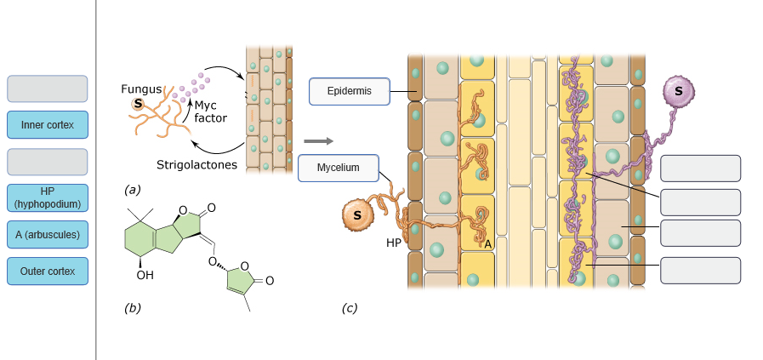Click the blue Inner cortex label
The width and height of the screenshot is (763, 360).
coord(47,125)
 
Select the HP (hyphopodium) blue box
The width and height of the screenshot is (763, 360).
coord(47,197)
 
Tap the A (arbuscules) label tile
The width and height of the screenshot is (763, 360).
coord(47,235)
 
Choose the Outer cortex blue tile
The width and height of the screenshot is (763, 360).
coord(47,271)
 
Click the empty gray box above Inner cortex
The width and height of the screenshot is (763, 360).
coord(47,89)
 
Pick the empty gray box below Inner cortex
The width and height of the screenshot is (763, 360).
coord(47,162)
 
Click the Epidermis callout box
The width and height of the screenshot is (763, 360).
coord(349,91)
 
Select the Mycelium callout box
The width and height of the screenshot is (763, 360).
coord(339,168)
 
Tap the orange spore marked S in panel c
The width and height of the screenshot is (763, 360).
coord(357,215)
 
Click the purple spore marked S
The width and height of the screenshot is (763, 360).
coord(678,90)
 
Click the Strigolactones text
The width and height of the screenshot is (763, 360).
coord(196,164)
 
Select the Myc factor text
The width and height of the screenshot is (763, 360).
coord(210,111)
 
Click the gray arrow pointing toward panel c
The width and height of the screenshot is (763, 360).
coord(317,141)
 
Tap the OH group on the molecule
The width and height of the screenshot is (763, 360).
coord(145,275)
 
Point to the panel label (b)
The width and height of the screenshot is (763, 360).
coord(132,308)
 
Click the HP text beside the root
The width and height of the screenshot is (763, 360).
coord(394,243)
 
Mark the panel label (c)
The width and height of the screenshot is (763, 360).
coord(349,308)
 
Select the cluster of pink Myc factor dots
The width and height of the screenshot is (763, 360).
coord(191,85)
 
